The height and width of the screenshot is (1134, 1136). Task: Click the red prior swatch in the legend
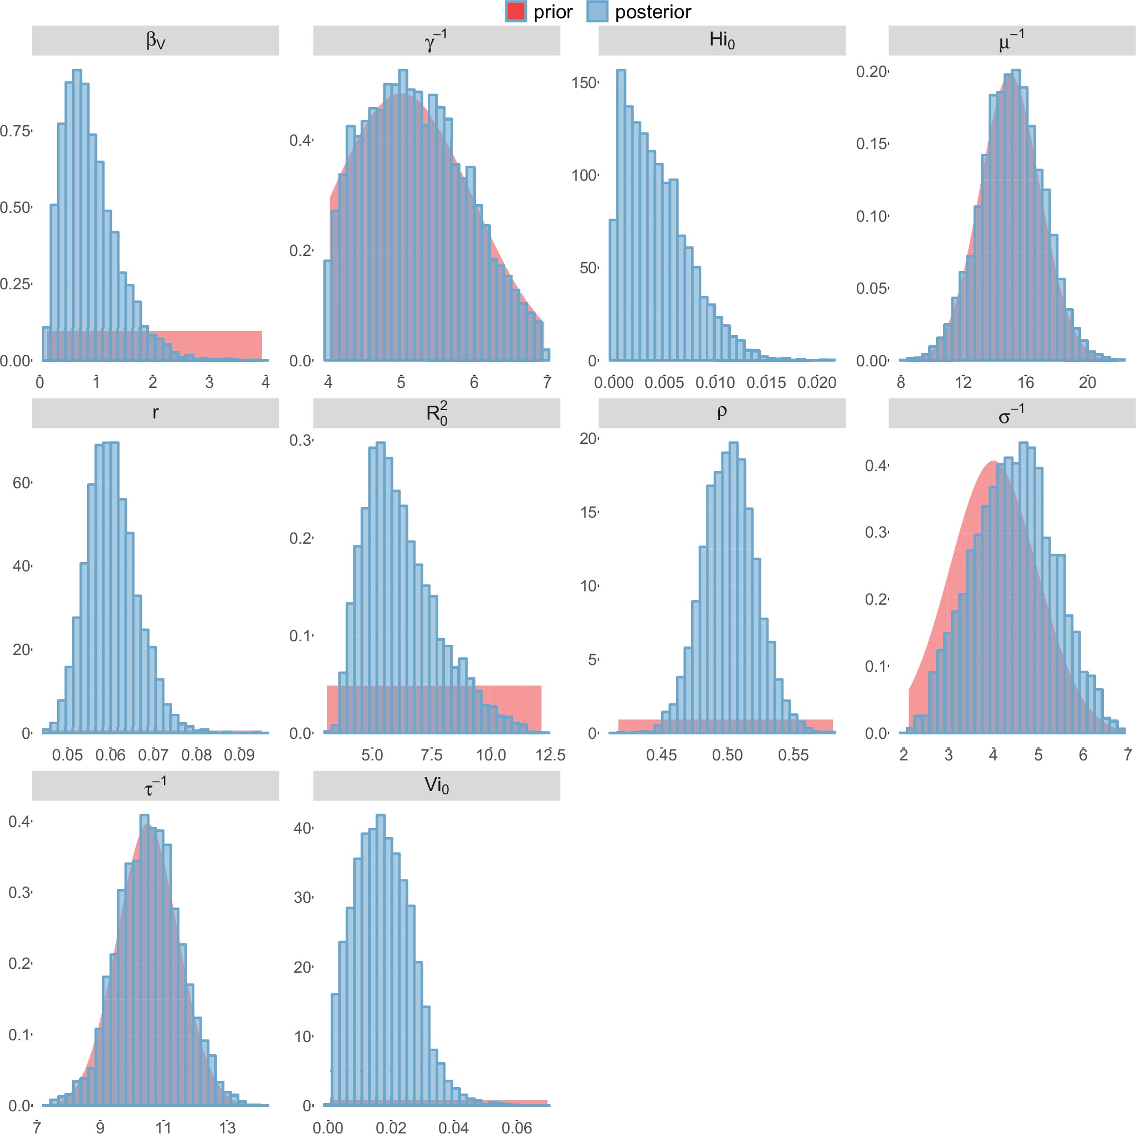515,12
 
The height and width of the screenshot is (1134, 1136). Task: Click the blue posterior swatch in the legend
597,12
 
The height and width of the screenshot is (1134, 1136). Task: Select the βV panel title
155,40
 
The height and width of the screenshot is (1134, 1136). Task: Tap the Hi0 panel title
721,40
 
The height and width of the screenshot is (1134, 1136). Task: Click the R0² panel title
436,413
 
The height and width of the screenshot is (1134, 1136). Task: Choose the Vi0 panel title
436,785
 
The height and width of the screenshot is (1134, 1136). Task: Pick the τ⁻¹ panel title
155,785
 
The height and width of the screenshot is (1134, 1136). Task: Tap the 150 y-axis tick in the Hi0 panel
584,83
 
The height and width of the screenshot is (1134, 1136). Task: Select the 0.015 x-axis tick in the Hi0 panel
766,383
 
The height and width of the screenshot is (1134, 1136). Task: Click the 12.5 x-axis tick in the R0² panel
550,755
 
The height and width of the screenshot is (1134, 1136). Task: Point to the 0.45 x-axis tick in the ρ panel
662,755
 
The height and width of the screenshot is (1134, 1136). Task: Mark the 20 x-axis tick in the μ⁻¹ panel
1087,383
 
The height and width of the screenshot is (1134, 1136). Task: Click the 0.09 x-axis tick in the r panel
239,755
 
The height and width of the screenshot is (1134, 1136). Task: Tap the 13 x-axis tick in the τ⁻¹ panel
227,1127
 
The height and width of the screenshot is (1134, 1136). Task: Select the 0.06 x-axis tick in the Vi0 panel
517,1127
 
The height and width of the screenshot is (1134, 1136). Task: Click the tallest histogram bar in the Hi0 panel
621,214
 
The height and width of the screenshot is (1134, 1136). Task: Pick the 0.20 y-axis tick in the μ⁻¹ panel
871,71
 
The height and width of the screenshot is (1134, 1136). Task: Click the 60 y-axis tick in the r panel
21,483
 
